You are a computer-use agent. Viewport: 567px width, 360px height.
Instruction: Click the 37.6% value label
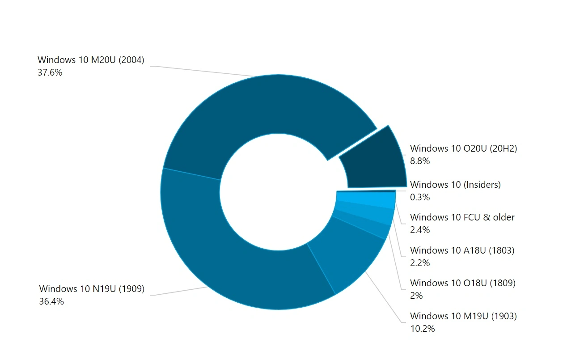pos(50,72)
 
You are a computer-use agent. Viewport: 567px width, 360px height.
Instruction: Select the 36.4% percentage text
pos(51,301)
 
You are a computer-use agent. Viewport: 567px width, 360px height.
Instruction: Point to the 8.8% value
pos(419,161)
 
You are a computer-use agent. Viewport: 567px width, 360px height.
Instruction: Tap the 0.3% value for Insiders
pos(419,197)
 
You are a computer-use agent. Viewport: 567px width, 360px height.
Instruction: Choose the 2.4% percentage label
pos(419,230)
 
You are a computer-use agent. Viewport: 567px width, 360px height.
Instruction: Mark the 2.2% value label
pos(419,263)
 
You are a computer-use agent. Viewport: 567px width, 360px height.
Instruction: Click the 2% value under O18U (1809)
pos(416,296)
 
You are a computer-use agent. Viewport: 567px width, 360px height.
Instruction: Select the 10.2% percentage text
pos(422,329)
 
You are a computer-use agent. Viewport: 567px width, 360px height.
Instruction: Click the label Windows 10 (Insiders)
pos(455,184)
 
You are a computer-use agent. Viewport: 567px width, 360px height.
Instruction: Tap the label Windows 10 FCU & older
pos(462,217)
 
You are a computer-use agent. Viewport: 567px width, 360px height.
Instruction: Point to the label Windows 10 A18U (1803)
pos(462,250)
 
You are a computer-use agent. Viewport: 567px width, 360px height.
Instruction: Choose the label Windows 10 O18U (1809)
pos(462,283)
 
